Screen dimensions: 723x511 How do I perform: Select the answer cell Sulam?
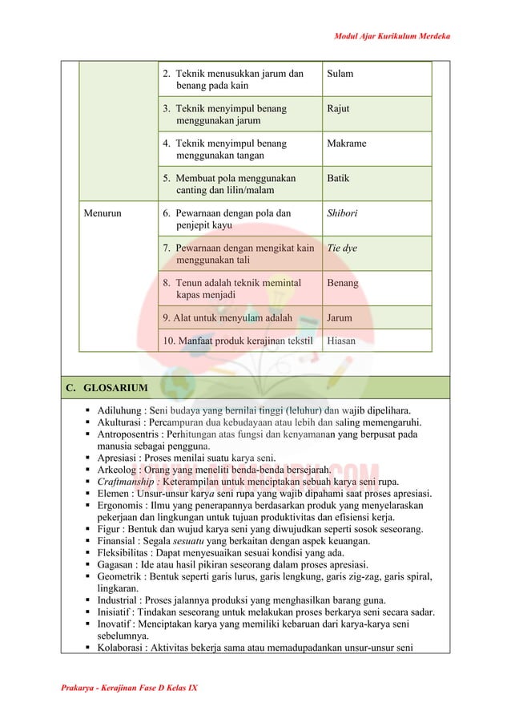tap(340, 74)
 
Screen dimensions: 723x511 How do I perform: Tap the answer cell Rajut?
tap(338, 108)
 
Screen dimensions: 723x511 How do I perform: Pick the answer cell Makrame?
tap(347, 143)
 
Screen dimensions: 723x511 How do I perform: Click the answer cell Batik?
tap(338, 178)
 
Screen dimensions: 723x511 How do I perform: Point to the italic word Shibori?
tap(342, 213)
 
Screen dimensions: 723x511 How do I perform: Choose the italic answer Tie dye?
tap(342, 248)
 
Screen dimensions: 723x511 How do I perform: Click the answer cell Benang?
tap(343, 283)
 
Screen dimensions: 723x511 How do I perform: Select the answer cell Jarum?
tap(340, 317)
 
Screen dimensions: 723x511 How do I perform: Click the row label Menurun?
tap(103, 213)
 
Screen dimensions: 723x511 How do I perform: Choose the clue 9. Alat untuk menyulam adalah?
tap(227, 317)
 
